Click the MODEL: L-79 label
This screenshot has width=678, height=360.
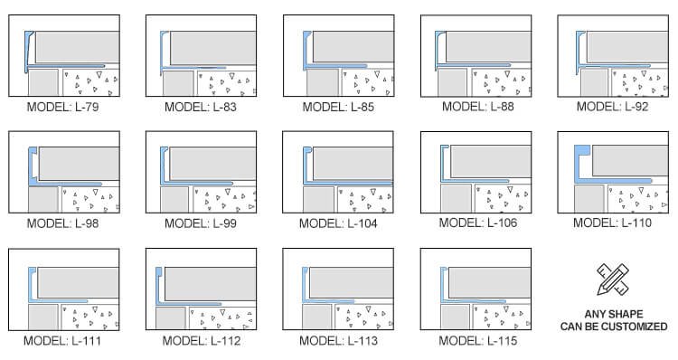pos(62,107)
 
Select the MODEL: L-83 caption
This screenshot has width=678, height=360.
pos(201,107)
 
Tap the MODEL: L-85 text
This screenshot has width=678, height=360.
pos(338,107)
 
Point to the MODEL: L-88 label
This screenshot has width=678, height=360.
pos(478,107)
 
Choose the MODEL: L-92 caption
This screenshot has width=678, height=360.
pos(613,107)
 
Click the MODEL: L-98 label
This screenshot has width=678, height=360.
pos(62,223)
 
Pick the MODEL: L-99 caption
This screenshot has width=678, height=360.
pos(201,223)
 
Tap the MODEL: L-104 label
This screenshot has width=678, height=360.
pos(338,223)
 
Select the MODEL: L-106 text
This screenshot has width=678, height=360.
pos(478,223)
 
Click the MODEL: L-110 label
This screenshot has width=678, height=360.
pos(612,223)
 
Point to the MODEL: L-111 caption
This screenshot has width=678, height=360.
pos(62,340)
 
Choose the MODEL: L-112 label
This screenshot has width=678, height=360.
pos(202,340)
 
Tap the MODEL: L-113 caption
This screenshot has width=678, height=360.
pos(339,340)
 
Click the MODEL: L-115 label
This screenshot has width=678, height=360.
pos(478,340)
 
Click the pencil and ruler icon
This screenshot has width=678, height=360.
pos(613,279)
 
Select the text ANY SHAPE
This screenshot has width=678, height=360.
pos(614,314)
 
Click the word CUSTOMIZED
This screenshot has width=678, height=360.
pos(638,327)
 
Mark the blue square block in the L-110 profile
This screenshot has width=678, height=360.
pos(583,150)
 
